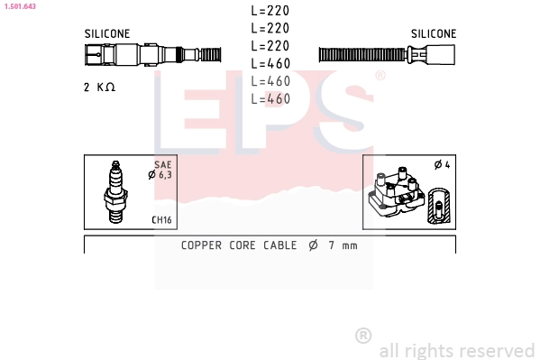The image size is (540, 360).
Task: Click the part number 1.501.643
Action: pos(20,6)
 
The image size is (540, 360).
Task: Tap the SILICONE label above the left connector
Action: pos(107,33)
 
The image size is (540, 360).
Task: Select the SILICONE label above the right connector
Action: pos(434,33)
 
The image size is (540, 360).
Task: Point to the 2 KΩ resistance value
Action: pos(99,88)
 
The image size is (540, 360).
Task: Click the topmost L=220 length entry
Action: pos(270,11)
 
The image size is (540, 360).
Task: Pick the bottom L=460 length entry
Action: pos(270,99)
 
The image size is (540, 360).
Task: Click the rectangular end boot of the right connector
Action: pos(441,54)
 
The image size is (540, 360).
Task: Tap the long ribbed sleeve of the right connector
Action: pos(362,55)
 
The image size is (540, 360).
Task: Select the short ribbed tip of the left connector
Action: pos(210,54)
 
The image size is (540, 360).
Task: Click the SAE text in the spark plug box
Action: pos(163,165)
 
